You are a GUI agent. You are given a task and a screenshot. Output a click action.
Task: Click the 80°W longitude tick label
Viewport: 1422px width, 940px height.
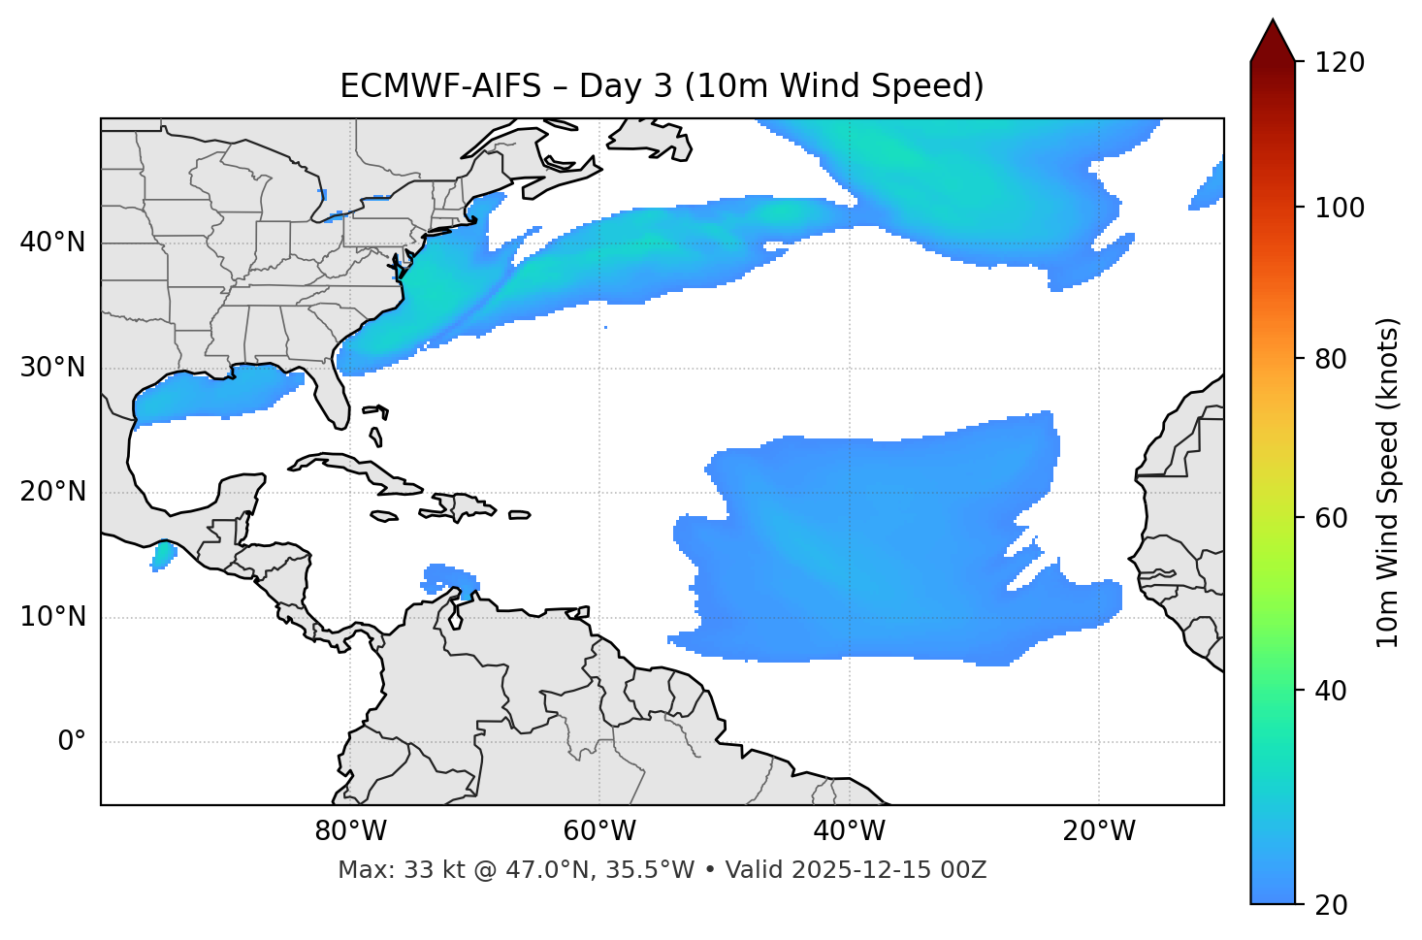click(350, 831)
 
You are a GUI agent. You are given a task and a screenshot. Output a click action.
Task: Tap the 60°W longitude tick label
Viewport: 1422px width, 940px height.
click(599, 831)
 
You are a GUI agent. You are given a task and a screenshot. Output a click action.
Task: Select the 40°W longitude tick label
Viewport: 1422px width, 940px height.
click(849, 831)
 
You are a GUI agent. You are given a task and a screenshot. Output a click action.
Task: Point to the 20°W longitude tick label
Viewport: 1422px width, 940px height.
click(1098, 831)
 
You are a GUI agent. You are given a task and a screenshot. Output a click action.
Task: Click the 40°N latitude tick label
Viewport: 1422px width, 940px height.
click(52, 243)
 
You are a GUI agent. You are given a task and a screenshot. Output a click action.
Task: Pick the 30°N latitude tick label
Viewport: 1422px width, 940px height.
click(52, 368)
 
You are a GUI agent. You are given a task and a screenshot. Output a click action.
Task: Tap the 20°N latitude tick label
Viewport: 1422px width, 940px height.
click(52, 492)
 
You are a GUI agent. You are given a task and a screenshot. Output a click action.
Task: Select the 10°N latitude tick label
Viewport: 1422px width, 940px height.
click(52, 617)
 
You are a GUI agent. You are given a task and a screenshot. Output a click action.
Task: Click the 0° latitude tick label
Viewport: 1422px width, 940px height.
click(72, 742)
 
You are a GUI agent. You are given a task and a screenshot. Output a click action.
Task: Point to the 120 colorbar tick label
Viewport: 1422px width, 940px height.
click(1340, 63)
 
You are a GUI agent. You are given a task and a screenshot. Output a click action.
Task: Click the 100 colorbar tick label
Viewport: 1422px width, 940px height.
click(1340, 208)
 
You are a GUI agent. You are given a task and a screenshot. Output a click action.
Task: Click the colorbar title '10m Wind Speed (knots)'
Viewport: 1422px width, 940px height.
click(1388, 482)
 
